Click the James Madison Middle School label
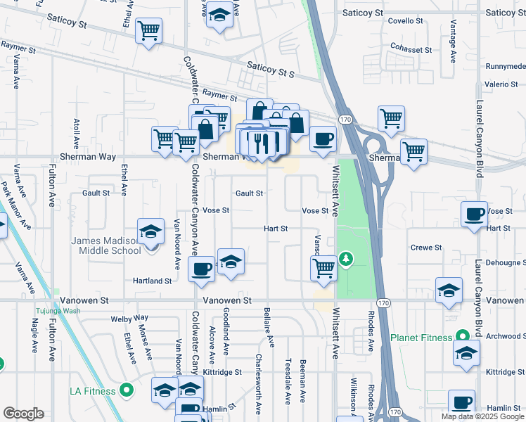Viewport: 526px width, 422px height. point(106,245)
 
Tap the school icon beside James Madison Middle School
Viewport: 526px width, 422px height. point(150,232)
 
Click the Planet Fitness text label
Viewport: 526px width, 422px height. point(422,338)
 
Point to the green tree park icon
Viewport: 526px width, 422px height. point(345,260)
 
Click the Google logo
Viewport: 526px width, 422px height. point(23,414)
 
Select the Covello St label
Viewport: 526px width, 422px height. point(407,21)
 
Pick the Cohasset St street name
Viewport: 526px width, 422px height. point(412,50)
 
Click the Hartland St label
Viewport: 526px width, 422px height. point(153,281)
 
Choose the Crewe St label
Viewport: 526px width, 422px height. point(426,248)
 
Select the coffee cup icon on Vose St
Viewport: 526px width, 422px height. point(475,213)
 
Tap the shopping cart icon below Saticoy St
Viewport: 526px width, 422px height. point(149,30)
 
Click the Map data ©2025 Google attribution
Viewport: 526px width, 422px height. point(482,416)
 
